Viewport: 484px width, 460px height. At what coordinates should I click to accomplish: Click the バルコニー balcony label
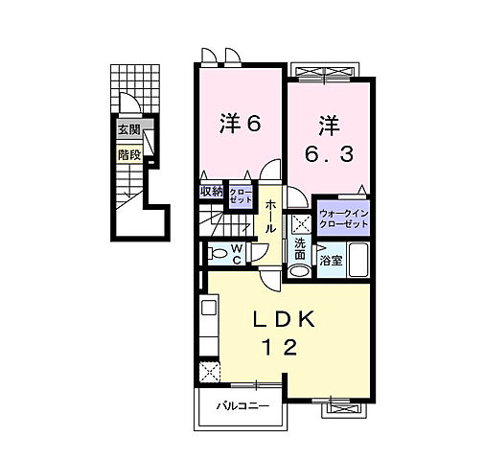(x=234, y=405)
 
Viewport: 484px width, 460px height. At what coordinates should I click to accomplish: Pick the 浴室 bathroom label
(x=331, y=260)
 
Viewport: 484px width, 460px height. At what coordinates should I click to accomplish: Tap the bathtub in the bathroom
(x=357, y=259)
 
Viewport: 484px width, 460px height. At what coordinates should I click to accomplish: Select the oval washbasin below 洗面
(x=300, y=271)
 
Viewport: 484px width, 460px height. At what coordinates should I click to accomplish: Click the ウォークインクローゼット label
(x=342, y=218)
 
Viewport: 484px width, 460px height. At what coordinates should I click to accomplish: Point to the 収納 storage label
(x=211, y=191)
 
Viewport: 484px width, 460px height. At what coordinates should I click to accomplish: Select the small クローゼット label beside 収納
(x=240, y=193)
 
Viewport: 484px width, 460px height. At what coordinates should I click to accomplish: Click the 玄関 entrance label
(x=127, y=130)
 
